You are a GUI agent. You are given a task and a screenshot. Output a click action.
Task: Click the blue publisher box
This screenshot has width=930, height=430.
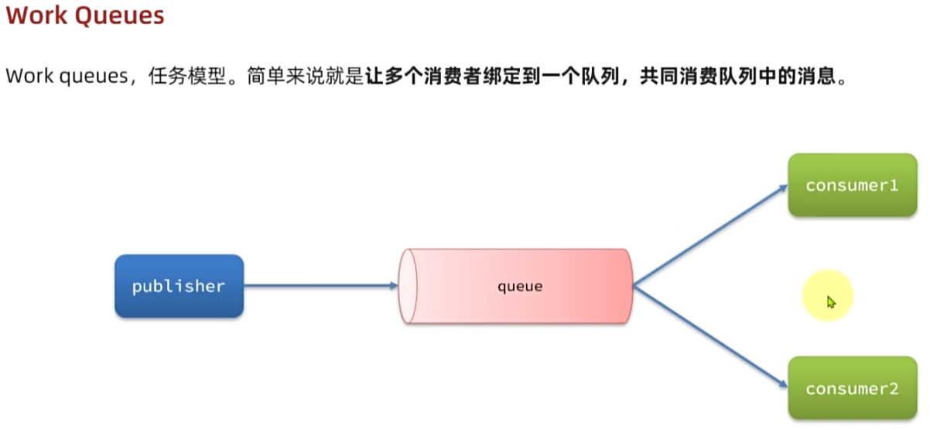(179, 286)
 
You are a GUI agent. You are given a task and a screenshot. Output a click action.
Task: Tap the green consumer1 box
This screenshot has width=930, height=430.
(852, 185)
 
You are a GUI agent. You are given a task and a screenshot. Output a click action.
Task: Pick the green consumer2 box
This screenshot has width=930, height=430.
(852, 388)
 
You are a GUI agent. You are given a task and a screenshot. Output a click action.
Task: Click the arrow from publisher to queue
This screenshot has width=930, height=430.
(317, 286)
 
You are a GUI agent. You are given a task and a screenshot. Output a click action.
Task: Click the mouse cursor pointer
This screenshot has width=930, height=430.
(830, 301)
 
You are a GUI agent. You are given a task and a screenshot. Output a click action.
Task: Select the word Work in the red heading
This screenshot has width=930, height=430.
(34, 16)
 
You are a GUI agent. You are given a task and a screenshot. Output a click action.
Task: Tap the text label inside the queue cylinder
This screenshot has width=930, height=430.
(519, 286)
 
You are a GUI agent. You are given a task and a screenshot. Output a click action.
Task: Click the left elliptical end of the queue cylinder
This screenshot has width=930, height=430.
(408, 286)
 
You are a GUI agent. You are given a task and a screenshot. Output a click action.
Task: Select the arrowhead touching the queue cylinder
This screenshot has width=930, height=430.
(393, 286)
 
